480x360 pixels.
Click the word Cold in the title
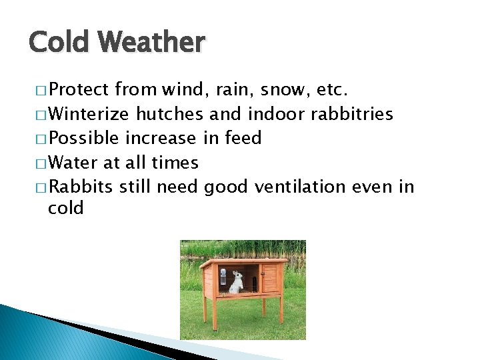point(59,42)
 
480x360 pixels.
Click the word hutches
point(170,114)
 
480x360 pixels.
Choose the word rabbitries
point(352,114)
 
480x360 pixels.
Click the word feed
point(242,138)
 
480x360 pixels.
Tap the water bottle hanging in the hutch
point(224,277)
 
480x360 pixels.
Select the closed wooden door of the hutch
point(269,279)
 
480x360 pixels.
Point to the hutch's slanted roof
point(243,262)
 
